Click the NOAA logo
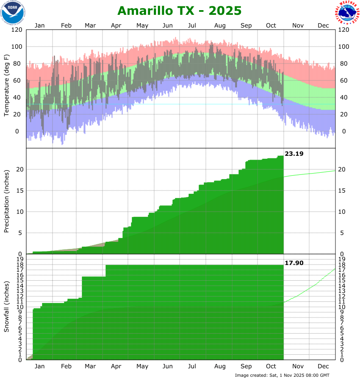click(x=13, y=12)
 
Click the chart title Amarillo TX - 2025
click(x=180, y=10)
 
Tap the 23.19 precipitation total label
click(x=294, y=154)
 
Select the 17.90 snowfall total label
click(x=294, y=263)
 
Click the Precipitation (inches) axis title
click(x=6, y=201)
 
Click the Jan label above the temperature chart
click(x=39, y=25)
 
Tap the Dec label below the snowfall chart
click(x=323, y=366)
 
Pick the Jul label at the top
click(x=193, y=25)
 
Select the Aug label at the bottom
click(x=220, y=366)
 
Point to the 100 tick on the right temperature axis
click(x=344, y=47)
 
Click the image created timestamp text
click(x=282, y=375)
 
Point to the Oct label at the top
click(x=271, y=25)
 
